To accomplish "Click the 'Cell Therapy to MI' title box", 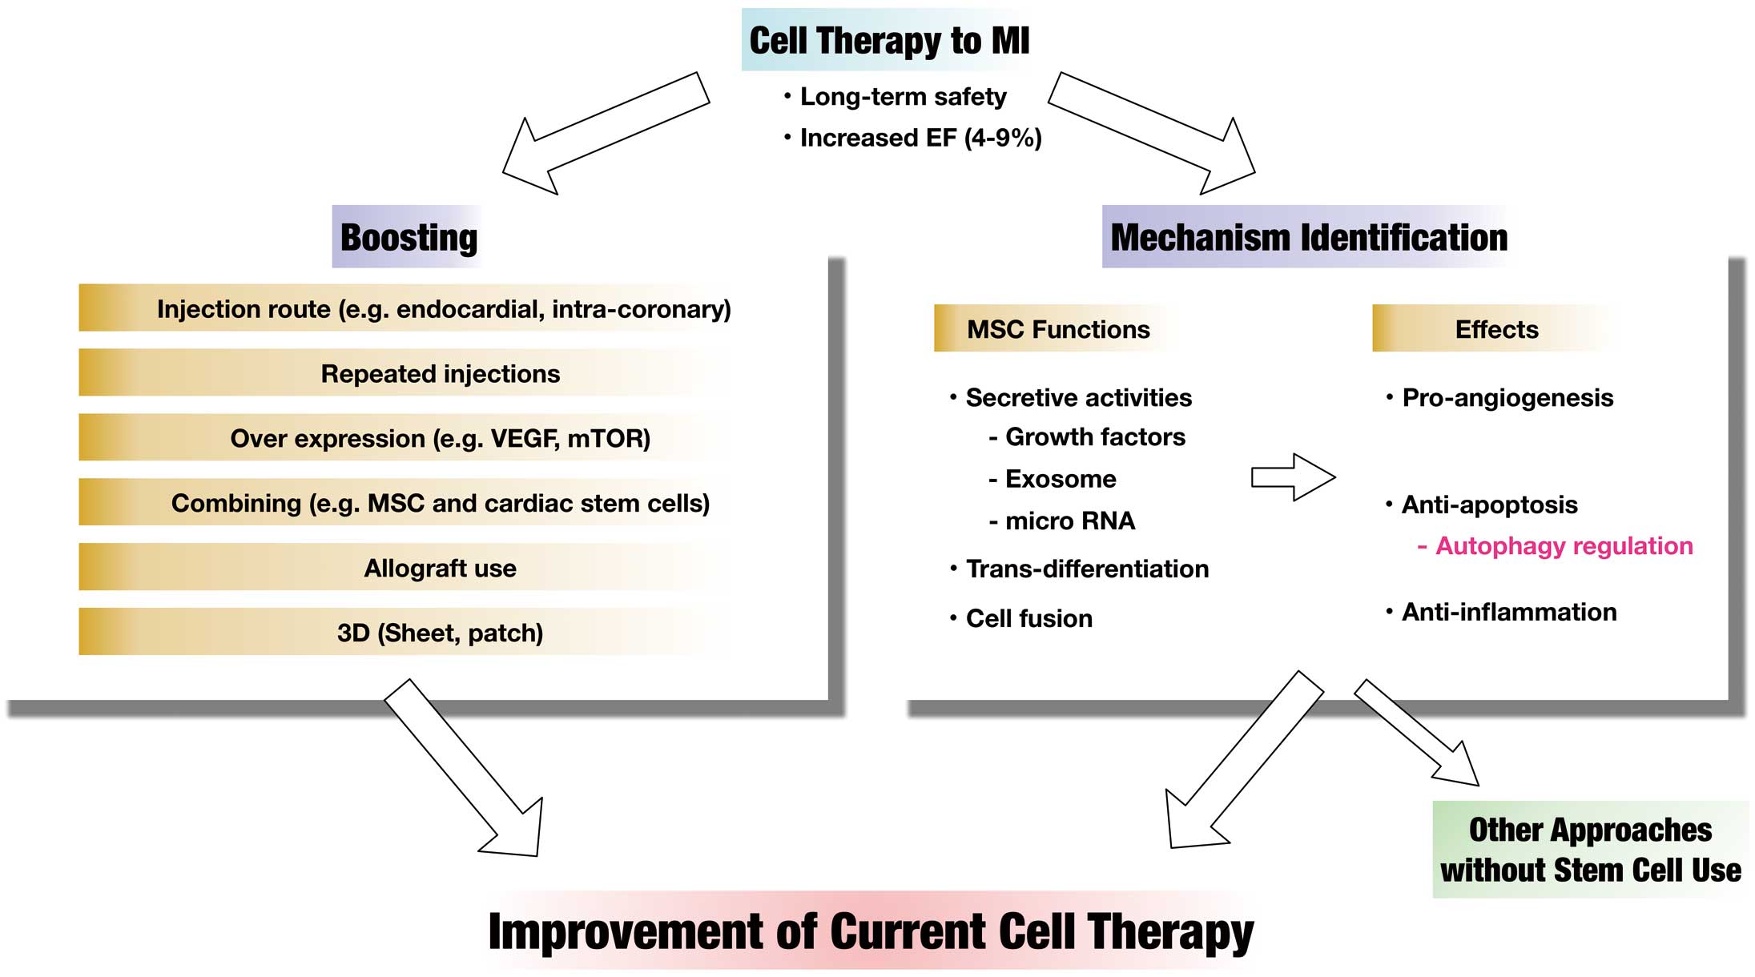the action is [x=889, y=40].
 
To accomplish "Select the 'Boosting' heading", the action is [x=409, y=237].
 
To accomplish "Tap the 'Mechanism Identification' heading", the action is [x=1308, y=237].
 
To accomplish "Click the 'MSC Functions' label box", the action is [x=1057, y=328].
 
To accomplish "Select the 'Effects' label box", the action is [x=1496, y=328].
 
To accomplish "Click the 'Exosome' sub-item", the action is [x=1052, y=479].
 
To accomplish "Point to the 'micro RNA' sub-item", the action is [x=1061, y=521].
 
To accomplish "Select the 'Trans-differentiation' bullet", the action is [x=1079, y=569].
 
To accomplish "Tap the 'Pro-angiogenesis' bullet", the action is [x=1499, y=398].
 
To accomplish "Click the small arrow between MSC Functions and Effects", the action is [x=1293, y=477].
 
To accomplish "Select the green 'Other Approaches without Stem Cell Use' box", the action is [x=1590, y=850].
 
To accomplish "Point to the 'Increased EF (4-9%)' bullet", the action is [x=912, y=138].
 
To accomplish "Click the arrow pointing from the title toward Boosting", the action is [x=606, y=134].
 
